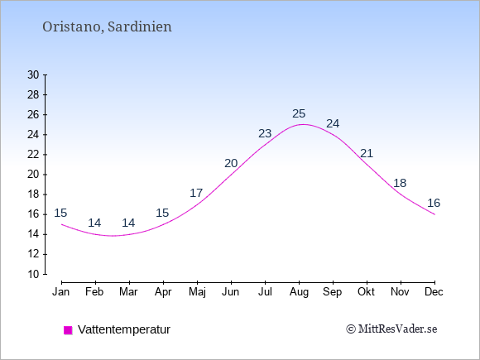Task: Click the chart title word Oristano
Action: [72, 26]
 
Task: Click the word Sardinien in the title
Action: [140, 26]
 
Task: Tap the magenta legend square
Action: [68, 330]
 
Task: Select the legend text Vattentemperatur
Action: [124, 329]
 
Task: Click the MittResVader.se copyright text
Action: [391, 329]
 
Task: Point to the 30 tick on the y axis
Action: [33, 74]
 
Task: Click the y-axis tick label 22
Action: [33, 155]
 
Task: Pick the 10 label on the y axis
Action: [33, 274]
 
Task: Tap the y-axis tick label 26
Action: [33, 115]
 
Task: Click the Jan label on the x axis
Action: [61, 292]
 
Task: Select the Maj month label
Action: [197, 292]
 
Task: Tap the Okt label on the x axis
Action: [366, 292]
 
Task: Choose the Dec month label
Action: [434, 292]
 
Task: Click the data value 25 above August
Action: [299, 114]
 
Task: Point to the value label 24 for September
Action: [333, 123]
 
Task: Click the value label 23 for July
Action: [265, 133]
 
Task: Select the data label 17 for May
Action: [196, 193]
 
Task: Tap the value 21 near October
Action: [367, 153]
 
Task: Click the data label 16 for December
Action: [434, 203]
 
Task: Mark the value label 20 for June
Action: [231, 164]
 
